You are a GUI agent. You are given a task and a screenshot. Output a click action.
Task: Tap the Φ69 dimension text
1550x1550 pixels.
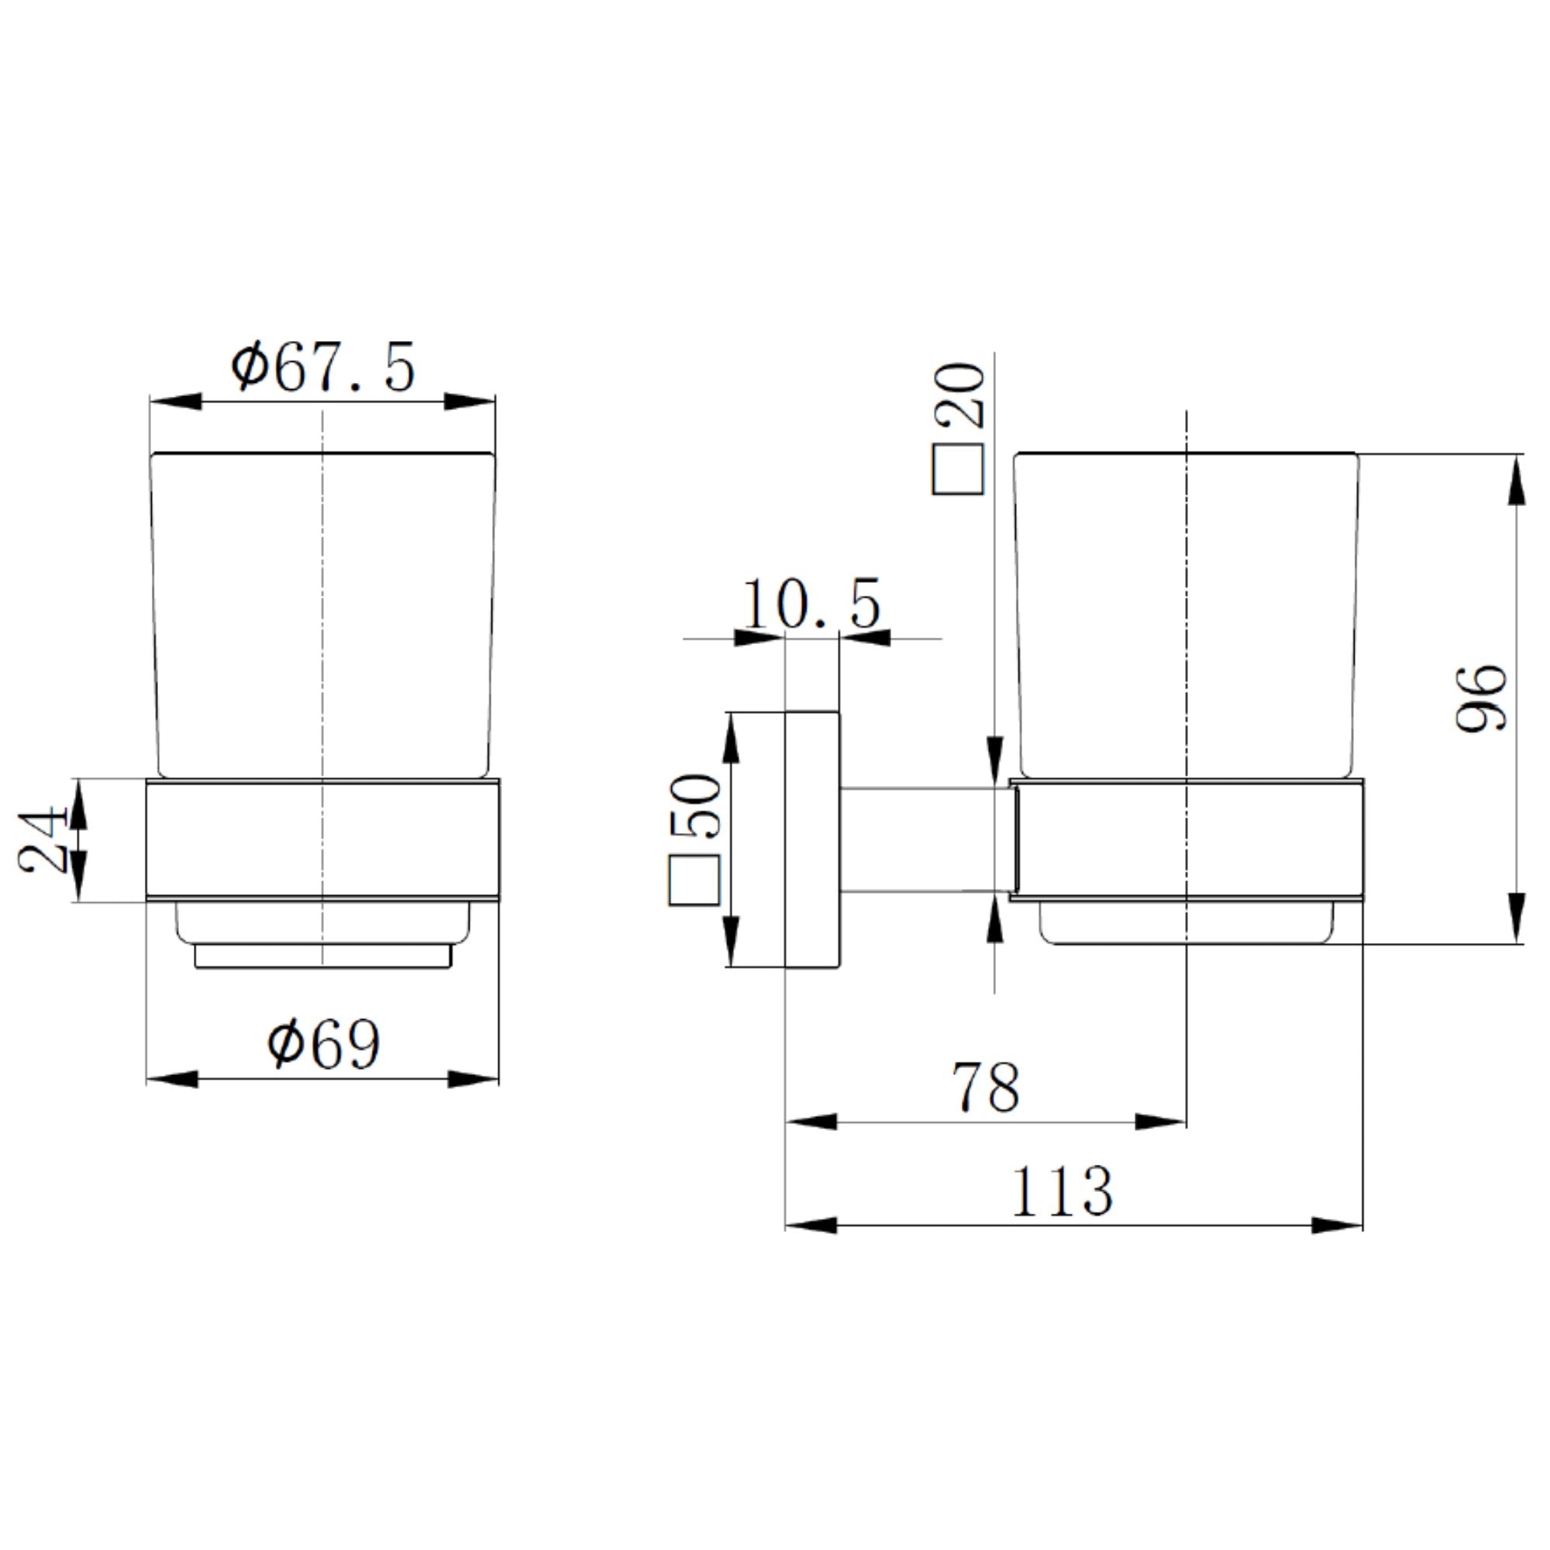(x=324, y=1045)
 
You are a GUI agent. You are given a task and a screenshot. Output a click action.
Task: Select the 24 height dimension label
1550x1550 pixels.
(x=42, y=839)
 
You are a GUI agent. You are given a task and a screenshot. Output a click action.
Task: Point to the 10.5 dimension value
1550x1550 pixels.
(x=811, y=604)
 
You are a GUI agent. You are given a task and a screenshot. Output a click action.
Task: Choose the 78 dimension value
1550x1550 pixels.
(x=986, y=1088)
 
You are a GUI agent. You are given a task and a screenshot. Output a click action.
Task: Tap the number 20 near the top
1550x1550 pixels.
(x=959, y=395)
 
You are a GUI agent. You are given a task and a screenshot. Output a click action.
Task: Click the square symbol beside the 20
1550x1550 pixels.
(x=958, y=470)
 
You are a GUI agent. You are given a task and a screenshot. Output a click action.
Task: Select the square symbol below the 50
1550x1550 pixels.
(x=694, y=880)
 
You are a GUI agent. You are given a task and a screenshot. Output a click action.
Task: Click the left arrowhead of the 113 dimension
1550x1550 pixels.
(x=811, y=1225)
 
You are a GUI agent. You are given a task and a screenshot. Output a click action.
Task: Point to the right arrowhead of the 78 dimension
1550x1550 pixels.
(x=1161, y=1121)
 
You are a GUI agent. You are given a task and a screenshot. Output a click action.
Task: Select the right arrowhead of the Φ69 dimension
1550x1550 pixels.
(x=474, y=1079)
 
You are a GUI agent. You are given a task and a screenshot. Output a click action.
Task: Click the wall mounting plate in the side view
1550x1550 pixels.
(x=812, y=839)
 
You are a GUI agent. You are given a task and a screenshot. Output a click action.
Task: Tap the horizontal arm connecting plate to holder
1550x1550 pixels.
(x=922, y=839)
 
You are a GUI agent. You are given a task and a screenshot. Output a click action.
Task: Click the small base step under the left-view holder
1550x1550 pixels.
(x=323, y=957)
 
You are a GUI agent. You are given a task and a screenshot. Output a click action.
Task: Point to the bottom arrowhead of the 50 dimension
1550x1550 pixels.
(x=730, y=942)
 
